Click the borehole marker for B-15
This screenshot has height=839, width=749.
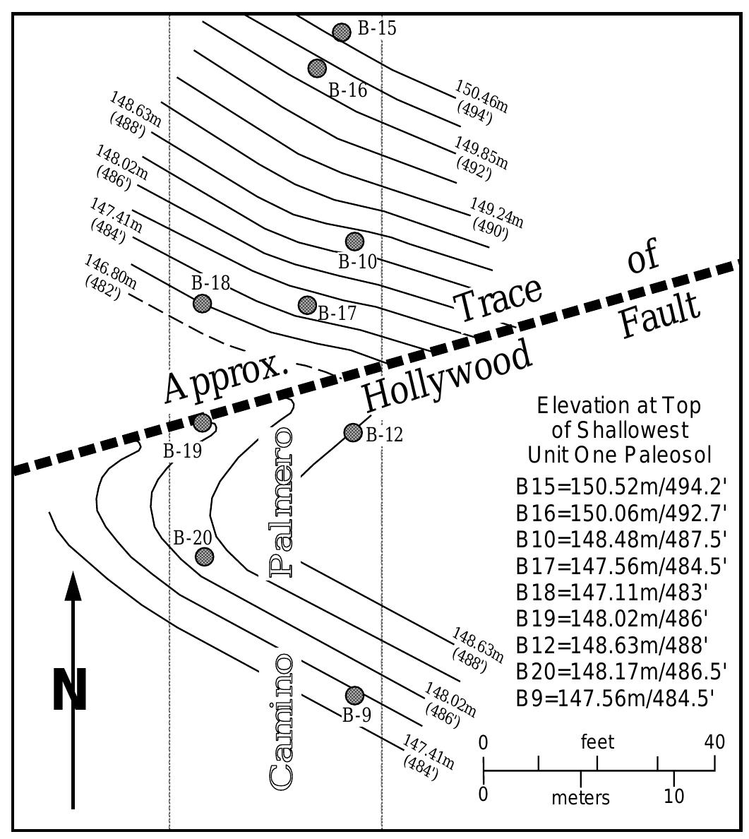click(x=342, y=32)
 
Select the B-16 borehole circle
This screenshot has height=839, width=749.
click(x=317, y=68)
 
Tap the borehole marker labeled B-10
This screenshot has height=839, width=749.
click(x=354, y=242)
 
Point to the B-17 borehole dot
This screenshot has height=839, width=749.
click(x=307, y=305)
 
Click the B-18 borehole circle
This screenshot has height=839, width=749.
click(x=203, y=303)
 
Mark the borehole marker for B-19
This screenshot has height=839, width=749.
click(x=203, y=422)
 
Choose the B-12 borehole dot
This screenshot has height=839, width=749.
click(x=353, y=432)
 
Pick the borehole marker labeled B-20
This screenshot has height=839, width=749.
click(x=203, y=556)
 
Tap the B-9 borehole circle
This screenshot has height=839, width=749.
click(x=354, y=695)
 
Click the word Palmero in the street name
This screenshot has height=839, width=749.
click(x=281, y=501)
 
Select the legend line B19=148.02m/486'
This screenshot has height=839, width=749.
click(x=612, y=619)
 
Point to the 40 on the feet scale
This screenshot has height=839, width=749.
click(x=714, y=742)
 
